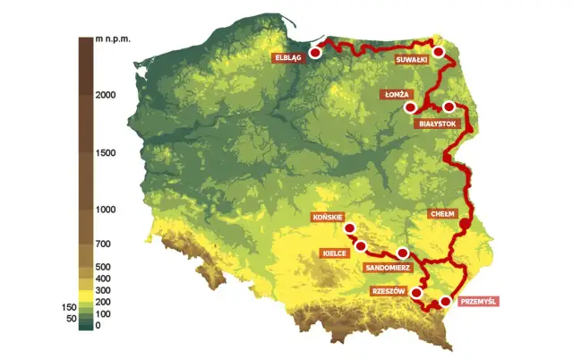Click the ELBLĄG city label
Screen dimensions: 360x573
click(286, 57)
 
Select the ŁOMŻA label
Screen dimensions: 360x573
click(394, 93)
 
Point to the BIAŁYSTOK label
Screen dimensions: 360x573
click(440, 125)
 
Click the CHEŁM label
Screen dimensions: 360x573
click(443, 214)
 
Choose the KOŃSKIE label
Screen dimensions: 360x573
click(325, 218)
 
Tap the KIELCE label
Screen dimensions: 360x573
click(333, 253)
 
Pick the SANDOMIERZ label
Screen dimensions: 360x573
click(388, 267)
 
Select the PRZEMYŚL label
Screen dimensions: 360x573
click(478, 301)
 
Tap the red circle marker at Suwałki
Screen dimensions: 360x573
click(439, 52)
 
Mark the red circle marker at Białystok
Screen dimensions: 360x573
click(449, 107)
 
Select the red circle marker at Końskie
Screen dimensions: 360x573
click(349, 227)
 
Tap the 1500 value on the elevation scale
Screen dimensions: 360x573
click(106, 153)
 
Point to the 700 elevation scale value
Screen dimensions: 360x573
click(103, 244)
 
